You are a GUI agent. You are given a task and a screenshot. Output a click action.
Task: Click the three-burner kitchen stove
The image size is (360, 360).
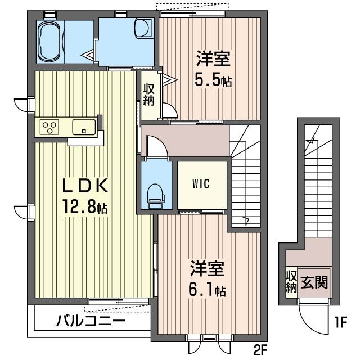[49, 127]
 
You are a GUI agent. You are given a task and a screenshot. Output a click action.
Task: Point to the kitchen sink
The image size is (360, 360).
[84, 127]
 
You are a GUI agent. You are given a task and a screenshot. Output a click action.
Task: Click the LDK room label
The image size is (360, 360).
[85, 186]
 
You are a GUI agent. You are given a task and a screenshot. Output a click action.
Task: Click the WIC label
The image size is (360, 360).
[201, 184]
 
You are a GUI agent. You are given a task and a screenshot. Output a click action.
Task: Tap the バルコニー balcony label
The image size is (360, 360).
[91, 321]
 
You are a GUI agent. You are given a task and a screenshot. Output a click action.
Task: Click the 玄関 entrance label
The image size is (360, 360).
[314, 282]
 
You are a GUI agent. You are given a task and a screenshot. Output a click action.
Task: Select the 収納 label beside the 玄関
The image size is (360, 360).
[291, 281]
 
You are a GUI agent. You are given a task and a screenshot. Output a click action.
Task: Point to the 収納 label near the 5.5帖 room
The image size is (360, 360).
[148, 94]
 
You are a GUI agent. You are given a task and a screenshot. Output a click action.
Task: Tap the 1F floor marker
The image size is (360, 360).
[340, 322]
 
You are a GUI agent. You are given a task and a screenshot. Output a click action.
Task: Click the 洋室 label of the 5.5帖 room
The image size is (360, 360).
[213, 58]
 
